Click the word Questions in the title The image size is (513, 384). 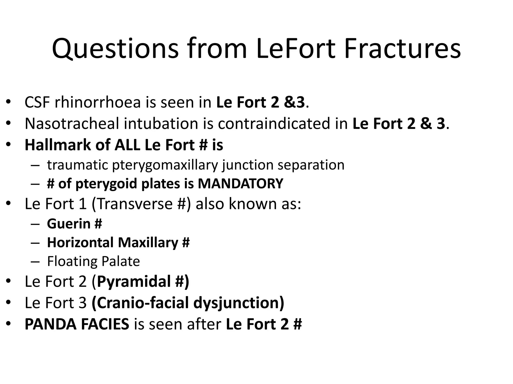pos(115,49)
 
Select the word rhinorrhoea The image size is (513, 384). pos(98,102)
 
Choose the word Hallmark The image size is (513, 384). pos(58,145)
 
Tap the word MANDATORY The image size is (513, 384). pos(240,184)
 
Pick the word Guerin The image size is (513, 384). pos(69,223)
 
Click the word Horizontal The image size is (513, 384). pos(80,242)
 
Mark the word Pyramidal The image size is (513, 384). pos(134,281)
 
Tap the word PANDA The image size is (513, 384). pos(50,324)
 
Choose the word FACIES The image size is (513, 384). pos(105,324)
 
